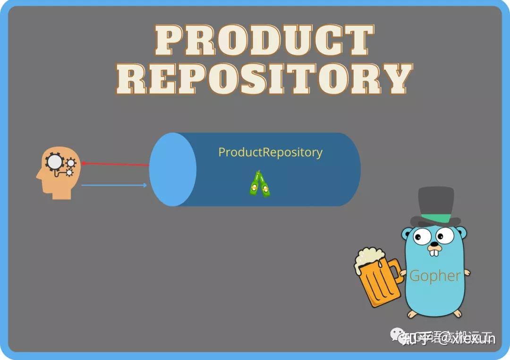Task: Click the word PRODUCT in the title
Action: pos(263,42)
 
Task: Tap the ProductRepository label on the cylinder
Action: pos(270,152)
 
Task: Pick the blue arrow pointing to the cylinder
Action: pos(114,185)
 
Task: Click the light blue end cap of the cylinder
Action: pos(173,169)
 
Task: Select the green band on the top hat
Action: pos(435,218)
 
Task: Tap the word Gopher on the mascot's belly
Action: pos(434,276)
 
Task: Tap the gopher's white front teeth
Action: pos(433,253)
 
